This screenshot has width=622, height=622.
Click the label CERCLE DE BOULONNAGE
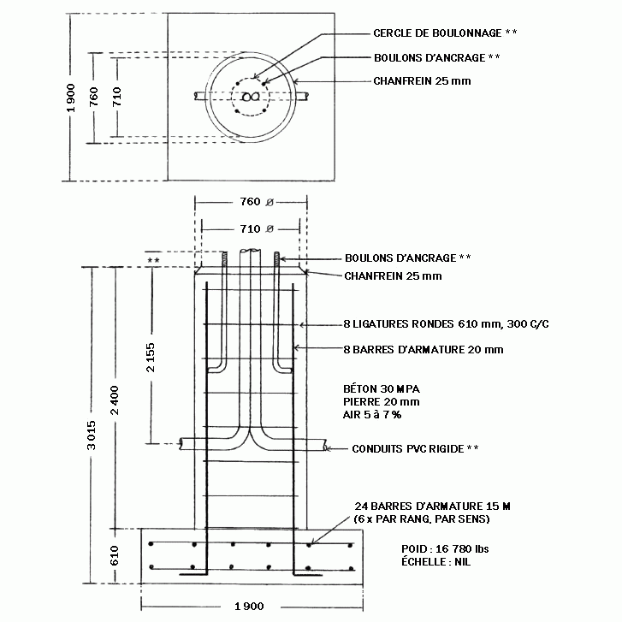(x=437, y=33)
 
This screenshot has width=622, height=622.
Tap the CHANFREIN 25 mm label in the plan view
(x=422, y=81)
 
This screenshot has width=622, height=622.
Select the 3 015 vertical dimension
(x=92, y=435)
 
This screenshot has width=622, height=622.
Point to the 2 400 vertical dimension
(x=115, y=400)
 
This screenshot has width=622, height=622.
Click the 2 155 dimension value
(x=151, y=357)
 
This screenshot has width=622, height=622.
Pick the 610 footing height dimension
(x=115, y=555)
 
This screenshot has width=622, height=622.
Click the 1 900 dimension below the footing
(x=249, y=606)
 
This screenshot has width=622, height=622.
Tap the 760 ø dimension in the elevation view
(x=257, y=202)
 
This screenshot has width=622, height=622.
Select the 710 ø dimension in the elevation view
(x=257, y=229)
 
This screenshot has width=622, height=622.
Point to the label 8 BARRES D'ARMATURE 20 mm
(x=424, y=349)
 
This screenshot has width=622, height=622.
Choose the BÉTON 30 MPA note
(x=382, y=388)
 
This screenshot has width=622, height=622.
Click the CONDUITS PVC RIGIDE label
(x=408, y=448)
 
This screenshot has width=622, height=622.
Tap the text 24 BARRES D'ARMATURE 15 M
(x=432, y=506)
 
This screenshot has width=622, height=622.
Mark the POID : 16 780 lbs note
(x=445, y=549)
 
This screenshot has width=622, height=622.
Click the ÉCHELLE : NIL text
(x=436, y=562)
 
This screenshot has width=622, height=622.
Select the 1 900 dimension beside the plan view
(x=71, y=98)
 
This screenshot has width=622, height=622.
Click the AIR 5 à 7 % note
(x=372, y=415)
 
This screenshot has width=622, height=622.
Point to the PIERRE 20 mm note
(x=382, y=402)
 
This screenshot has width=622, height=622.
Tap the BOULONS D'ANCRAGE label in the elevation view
(x=400, y=258)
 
